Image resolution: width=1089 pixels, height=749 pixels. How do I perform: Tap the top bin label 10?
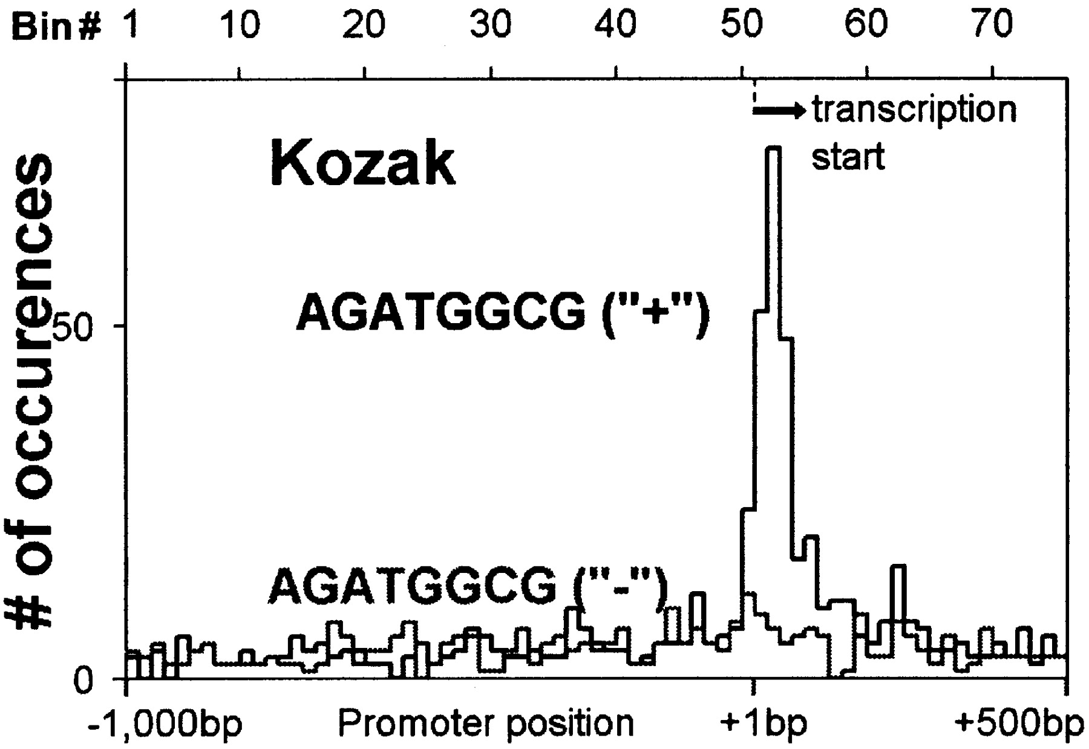[x=240, y=25]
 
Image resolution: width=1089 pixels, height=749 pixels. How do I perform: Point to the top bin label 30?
[x=491, y=25]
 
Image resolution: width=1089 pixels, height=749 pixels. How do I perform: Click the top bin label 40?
[x=615, y=25]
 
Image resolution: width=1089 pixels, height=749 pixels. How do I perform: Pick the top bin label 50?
[x=742, y=25]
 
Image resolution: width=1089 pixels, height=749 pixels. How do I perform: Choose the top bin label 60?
[x=866, y=25]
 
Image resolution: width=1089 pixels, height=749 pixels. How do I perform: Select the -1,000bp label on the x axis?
[x=165, y=724]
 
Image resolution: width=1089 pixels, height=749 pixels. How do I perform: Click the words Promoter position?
[x=485, y=724]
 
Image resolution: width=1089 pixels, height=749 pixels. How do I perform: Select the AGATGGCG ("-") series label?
[x=467, y=587]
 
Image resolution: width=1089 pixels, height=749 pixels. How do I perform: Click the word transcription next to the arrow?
[x=914, y=110]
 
